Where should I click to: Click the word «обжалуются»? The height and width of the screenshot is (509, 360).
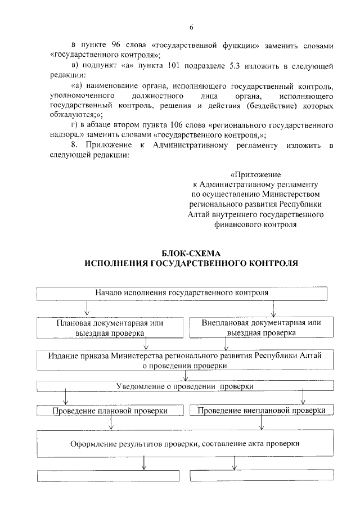tap(70, 114)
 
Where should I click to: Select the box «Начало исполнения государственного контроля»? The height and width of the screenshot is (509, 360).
tap(181, 293)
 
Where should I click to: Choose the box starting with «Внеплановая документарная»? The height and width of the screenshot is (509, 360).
tap(262, 327)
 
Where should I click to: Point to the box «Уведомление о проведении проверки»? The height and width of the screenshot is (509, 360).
tap(184, 387)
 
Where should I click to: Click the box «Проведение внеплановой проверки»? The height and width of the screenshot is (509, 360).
tap(262, 411)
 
